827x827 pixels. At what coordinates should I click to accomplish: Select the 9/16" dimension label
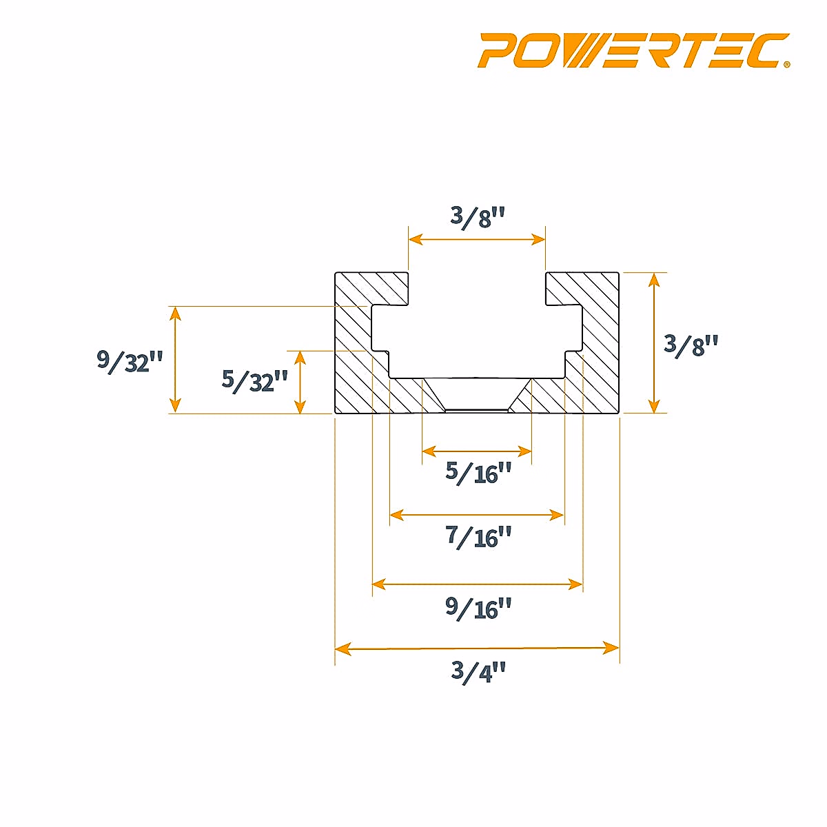coord(478,608)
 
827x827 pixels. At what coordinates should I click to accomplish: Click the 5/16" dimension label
coord(478,473)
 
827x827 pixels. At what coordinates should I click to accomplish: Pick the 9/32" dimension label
coord(130,360)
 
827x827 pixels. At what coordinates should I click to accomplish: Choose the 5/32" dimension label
coord(254,380)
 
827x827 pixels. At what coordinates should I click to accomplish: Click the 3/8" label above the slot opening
coord(478,216)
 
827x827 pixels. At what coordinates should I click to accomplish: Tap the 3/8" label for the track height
coord(691,344)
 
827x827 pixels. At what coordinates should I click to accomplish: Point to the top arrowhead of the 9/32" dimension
coord(176,314)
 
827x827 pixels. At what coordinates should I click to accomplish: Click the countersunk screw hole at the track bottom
coord(477,396)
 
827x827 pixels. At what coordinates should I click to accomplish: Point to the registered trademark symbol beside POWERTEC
coord(786,65)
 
